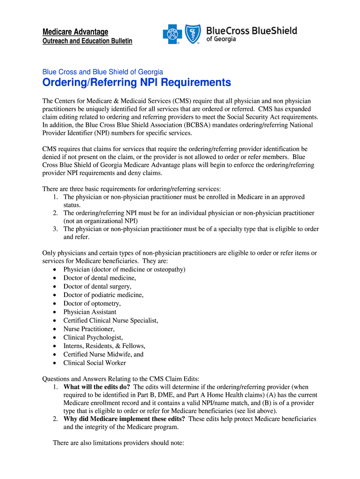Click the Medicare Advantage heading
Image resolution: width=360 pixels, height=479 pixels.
tap(75, 32)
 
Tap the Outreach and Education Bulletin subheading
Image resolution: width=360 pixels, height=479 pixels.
tap(87, 41)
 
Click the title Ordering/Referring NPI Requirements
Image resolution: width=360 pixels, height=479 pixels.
tap(137, 83)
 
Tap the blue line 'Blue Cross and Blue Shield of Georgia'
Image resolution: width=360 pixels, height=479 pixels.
tap(102, 72)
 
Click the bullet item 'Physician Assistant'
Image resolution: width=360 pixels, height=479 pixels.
tap(90, 312)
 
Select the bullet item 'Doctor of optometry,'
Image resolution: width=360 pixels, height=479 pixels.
tap(92, 304)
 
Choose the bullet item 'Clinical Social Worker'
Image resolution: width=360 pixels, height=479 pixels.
tap(94, 363)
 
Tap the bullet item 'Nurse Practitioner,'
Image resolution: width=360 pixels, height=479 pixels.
tap(89, 329)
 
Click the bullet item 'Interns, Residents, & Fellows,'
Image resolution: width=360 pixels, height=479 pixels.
tap(104, 346)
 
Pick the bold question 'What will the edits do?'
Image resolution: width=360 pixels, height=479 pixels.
tap(97, 387)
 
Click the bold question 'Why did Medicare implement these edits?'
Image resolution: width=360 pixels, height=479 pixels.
tap(124, 419)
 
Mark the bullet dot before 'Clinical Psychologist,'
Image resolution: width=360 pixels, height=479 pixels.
tap(55, 337)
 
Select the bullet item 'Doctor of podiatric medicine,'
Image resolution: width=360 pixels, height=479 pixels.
tap(103, 295)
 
